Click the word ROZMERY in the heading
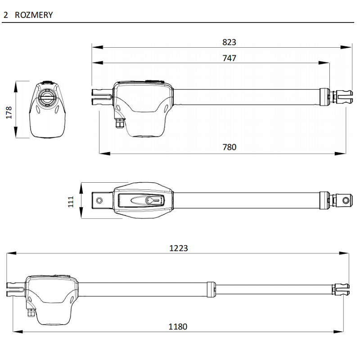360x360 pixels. click(x=34, y=15)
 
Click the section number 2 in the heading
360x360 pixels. click(x=5, y=15)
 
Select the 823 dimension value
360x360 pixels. click(x=229, y=42)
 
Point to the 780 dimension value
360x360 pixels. click(x=229, y=147)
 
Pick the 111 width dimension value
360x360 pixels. click(x=71, y=201)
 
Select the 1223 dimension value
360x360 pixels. click(x=178, y=248)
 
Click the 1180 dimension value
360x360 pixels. click(x=178, y=327)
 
